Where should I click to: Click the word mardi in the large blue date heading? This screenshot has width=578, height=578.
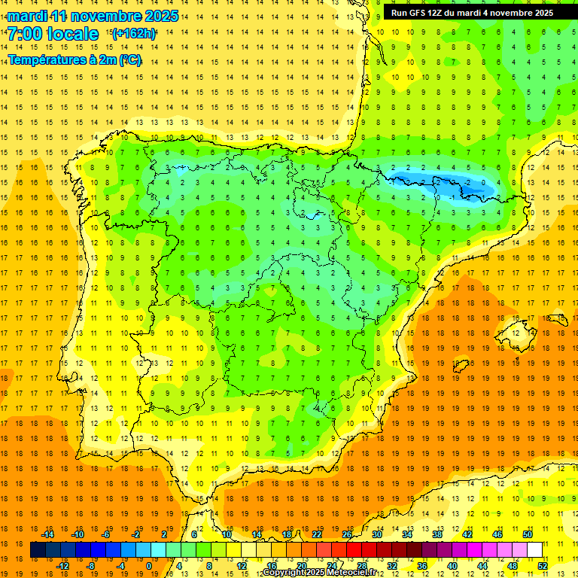(x=29, y=16)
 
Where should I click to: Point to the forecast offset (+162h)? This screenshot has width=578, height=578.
(x=135, y=34)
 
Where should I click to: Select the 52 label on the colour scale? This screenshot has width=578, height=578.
(x=543, y=566)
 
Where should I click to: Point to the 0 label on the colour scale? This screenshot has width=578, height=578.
(x=149, y=566)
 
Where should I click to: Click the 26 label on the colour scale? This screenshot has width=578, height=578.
(x=347, y=534)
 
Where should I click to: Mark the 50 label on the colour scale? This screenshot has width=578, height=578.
(x=528, y=534)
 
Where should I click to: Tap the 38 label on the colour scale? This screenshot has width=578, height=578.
(x=437, y=534)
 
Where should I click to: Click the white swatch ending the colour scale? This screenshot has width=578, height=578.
(x=535, y=550)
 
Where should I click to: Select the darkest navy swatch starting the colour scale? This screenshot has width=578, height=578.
(x=38, y=550)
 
